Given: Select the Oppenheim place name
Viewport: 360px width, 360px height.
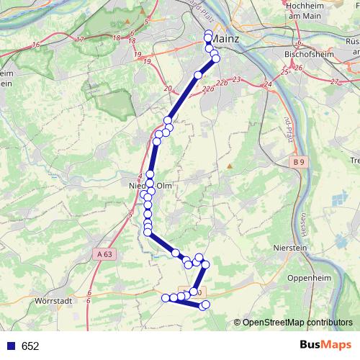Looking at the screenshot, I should tap(308, 277).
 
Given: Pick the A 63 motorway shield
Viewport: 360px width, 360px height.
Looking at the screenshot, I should tap(104, 254).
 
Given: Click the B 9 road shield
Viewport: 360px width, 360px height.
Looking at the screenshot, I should tap(299, 163).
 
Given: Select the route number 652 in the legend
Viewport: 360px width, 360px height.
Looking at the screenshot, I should tap(30, 346).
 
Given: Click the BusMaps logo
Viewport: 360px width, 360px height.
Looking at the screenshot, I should tap(325, 346).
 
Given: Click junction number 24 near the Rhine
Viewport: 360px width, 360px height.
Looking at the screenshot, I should tap(267, 85).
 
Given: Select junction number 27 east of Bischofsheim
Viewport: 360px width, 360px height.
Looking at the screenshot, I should tap(334, 82).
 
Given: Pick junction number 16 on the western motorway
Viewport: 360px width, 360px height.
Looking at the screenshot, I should tap(35, 46).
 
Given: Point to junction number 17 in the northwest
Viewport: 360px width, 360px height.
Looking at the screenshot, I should tap(80, 40).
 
